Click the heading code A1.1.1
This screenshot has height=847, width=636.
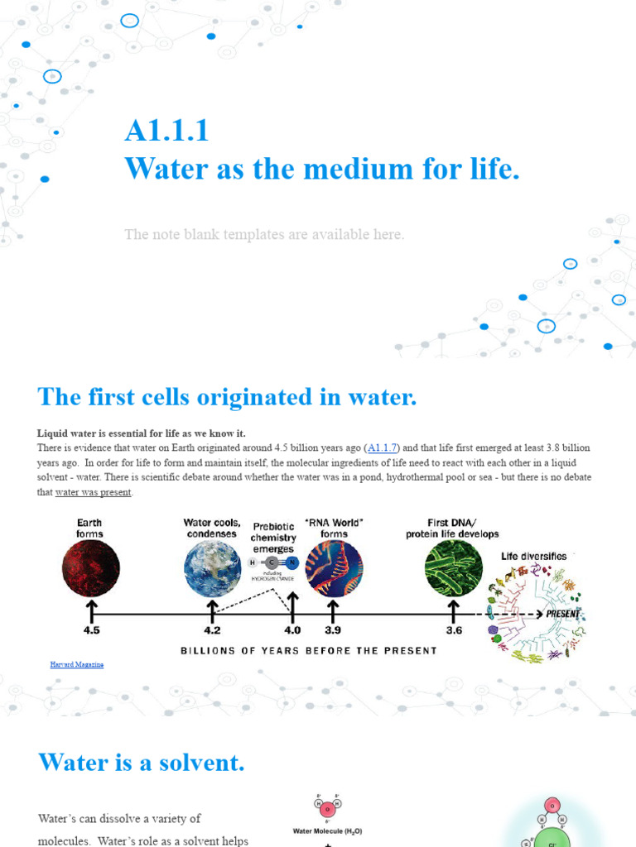pos(166,131)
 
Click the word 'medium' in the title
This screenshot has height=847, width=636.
pos(353,169)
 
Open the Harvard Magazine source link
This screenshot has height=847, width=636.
pos(77,664)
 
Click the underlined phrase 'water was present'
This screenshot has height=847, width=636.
pos(94,493)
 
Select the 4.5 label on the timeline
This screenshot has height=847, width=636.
pos(91,629)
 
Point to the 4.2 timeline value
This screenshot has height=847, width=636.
pos(212,629)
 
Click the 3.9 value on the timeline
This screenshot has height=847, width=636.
pos(333,629)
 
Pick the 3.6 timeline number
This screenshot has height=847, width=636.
pos(454,629)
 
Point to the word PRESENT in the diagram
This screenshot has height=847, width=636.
pos(562,615)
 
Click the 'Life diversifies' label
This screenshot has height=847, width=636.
pos(534,556)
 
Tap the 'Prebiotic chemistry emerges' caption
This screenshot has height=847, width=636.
pos(273,538)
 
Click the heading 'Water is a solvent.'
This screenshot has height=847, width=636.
pos(142,762)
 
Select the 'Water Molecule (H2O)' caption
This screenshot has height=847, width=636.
pos(328,830)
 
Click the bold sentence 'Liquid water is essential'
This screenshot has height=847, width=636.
pos(142,433)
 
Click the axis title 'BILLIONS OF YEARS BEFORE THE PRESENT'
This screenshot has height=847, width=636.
pos(309,650)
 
